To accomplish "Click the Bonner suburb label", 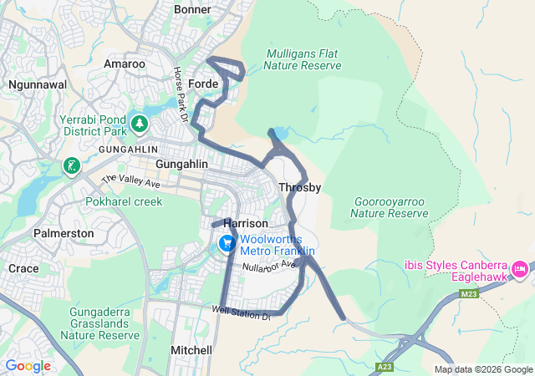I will pos(193,9).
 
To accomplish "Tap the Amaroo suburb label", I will pos(124,64).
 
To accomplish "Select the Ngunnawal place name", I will pos(37,84).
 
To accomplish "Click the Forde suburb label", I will pos(204,84).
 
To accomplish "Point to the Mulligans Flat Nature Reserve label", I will pos(303,59).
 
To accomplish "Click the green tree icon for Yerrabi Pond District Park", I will pos(139,124).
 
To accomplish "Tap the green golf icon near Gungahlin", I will pos(73,165).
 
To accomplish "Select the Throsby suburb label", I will pos(299,187).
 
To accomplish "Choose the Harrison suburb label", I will pos(246,224).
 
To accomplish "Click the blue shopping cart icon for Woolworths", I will pos(227,244).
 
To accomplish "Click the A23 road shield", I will pos(385,367).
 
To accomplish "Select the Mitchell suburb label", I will pos(191,350).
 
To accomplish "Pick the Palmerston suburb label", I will pos(64,233).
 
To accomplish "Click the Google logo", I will pos(28,366).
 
